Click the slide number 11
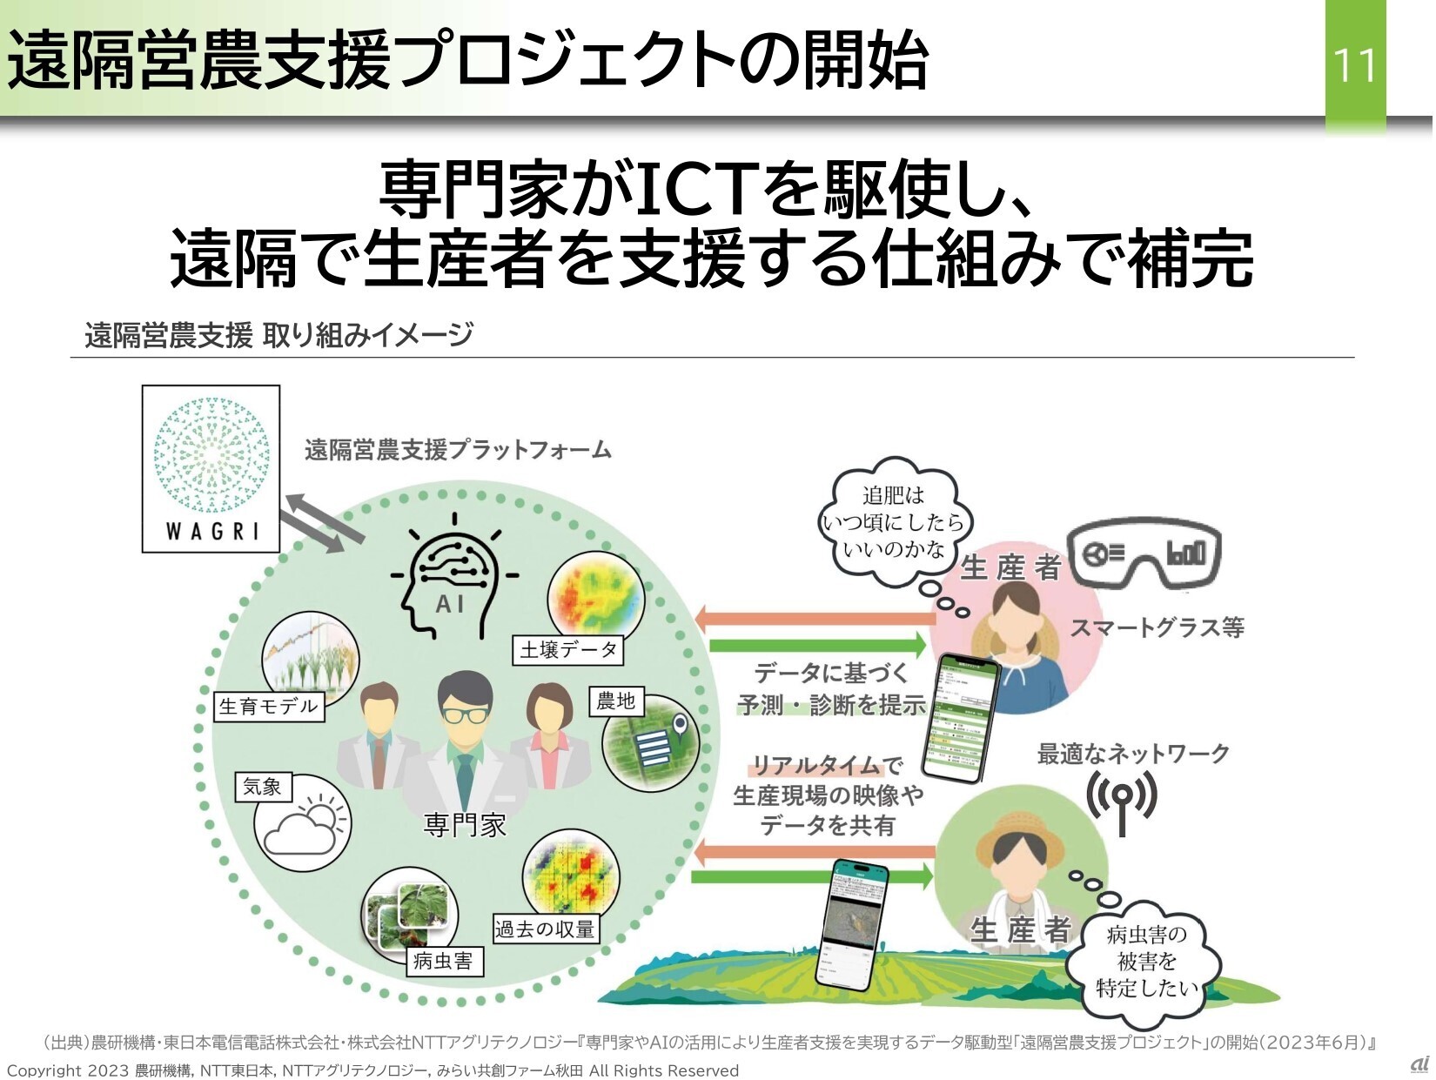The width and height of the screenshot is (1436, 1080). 1354,66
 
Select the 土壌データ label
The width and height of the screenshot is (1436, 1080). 568,649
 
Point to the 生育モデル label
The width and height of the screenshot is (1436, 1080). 269,705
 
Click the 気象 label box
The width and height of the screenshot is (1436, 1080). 263,787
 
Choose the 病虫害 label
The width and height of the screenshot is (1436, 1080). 443,961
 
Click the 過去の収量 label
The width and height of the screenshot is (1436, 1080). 545,929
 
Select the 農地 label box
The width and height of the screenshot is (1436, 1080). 616,701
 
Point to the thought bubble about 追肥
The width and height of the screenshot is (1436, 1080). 895,522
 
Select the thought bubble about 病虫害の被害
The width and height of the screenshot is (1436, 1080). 1147,962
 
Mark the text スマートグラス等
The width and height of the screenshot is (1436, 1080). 1157,627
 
